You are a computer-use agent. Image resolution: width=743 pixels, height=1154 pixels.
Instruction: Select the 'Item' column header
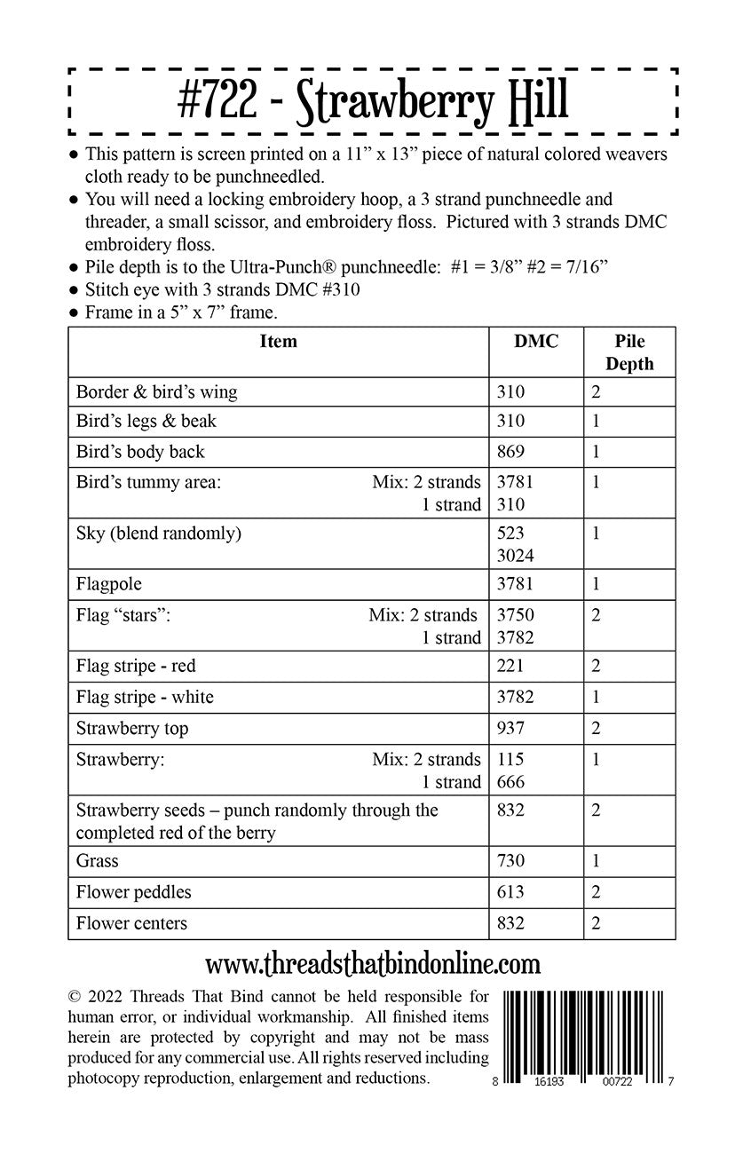click(x=278, y=342)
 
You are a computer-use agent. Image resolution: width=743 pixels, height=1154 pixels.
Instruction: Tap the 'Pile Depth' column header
click(x=628, y=352)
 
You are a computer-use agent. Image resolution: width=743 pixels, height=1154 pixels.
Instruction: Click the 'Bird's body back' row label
click(x=140, y=452)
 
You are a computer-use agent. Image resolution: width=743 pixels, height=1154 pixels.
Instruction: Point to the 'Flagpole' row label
click(x=109, y=584)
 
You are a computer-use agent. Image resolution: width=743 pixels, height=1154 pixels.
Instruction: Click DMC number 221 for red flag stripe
click(x=510, y=666)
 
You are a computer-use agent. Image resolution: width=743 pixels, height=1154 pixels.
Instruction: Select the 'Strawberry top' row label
click(x=132, y=729)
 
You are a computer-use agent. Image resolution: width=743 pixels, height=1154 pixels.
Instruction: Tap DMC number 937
click(x=510, y=729)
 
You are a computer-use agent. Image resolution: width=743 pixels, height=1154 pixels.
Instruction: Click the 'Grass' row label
click(x=97, y=860)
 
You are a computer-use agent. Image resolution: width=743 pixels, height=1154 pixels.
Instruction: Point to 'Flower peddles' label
click(x=133, y=892)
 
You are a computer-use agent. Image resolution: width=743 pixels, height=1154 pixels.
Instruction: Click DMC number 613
click(x=510, y=892)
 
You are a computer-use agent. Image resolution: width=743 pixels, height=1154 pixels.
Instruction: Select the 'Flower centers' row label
click(x=131, y=923)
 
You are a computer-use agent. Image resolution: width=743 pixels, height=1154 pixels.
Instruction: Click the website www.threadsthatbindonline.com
click(x=372, y=962)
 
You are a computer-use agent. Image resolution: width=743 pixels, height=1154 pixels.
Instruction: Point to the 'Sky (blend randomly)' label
click(x=159, y=534)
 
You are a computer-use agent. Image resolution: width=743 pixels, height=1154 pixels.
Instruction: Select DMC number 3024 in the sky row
click(x=515, y=556)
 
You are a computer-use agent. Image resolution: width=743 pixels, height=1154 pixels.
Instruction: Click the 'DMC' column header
click(x=536, y=342)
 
